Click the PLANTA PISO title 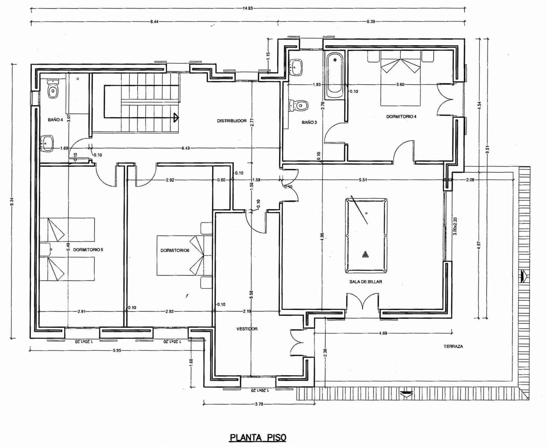point(258,437)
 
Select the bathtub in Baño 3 point(335,76)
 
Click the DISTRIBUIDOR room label point(232,121)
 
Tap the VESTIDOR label point(247,329)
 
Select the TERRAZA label point(453,346)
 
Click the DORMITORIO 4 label point(401,117)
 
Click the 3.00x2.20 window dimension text point(454,225)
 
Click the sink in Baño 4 point(47,143)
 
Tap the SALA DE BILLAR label point(365,282)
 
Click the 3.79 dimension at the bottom point(258,403)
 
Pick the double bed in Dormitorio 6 point(180,256)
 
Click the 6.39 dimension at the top point(370,22)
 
